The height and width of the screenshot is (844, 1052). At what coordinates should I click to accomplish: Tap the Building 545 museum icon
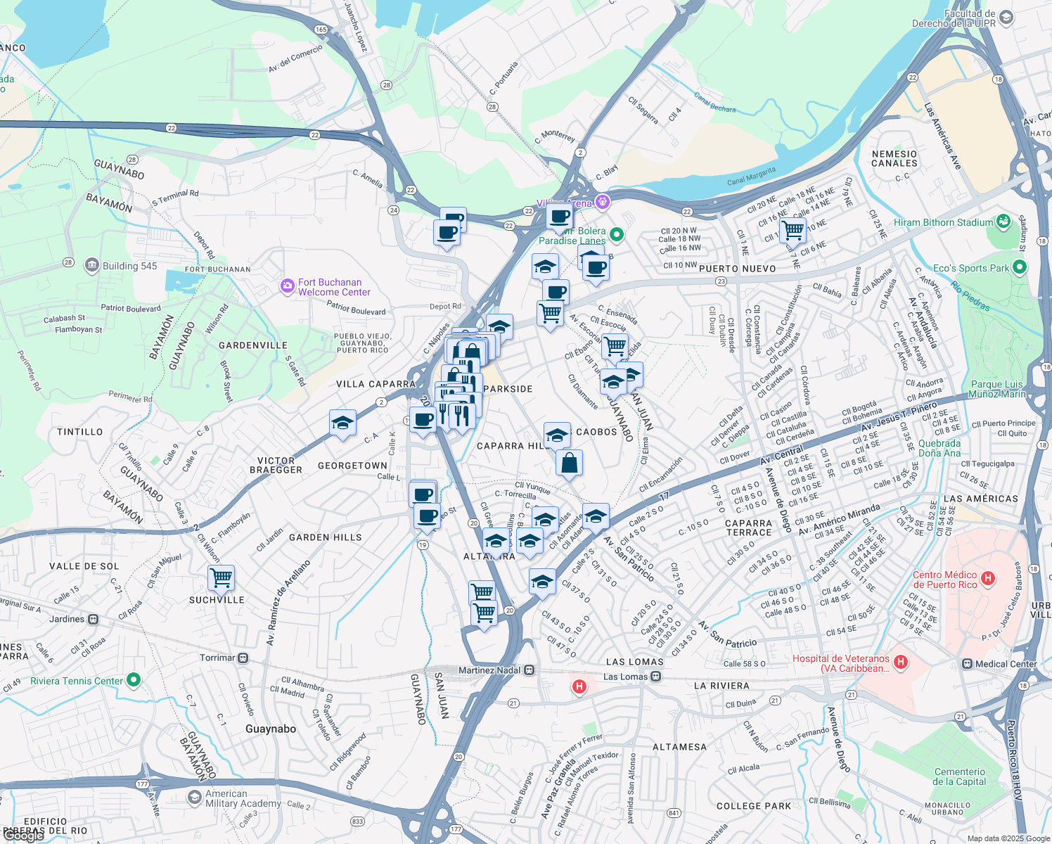[92, 265]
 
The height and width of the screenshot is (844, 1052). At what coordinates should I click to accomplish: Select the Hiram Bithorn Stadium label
[943, 222]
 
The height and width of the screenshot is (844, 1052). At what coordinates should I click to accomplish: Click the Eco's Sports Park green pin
[1020, 267]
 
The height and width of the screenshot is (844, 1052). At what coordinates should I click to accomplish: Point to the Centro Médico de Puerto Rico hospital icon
[988, 579]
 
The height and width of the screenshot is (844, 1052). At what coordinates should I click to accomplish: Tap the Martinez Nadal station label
[489, 670]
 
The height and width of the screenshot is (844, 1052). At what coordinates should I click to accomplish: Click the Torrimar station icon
[243, 658]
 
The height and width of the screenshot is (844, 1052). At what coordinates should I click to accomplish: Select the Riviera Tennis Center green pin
[134, 680]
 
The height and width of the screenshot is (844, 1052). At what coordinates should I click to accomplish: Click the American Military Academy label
[243, 798]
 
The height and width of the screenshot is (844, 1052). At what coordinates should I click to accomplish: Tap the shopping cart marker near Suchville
[221, 578]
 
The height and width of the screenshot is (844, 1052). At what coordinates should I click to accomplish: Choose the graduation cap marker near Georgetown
[342, 423]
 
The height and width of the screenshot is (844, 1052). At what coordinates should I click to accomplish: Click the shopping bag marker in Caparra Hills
[569, 463]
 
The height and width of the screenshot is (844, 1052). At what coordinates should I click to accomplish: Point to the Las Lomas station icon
[655, 677]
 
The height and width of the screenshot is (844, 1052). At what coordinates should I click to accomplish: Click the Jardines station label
[67, 620]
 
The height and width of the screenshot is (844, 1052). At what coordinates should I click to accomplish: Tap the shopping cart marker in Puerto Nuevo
[793, 229]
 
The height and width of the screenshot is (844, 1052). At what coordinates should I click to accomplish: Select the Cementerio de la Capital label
[959, 776]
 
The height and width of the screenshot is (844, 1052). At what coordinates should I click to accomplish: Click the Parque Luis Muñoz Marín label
[996, 389]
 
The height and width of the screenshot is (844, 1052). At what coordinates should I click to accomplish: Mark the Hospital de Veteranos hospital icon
[901, 662]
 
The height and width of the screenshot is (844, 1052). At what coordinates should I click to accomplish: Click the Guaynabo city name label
[271, 729]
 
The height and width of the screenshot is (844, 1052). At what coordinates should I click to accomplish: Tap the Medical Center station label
[1006, 664]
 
